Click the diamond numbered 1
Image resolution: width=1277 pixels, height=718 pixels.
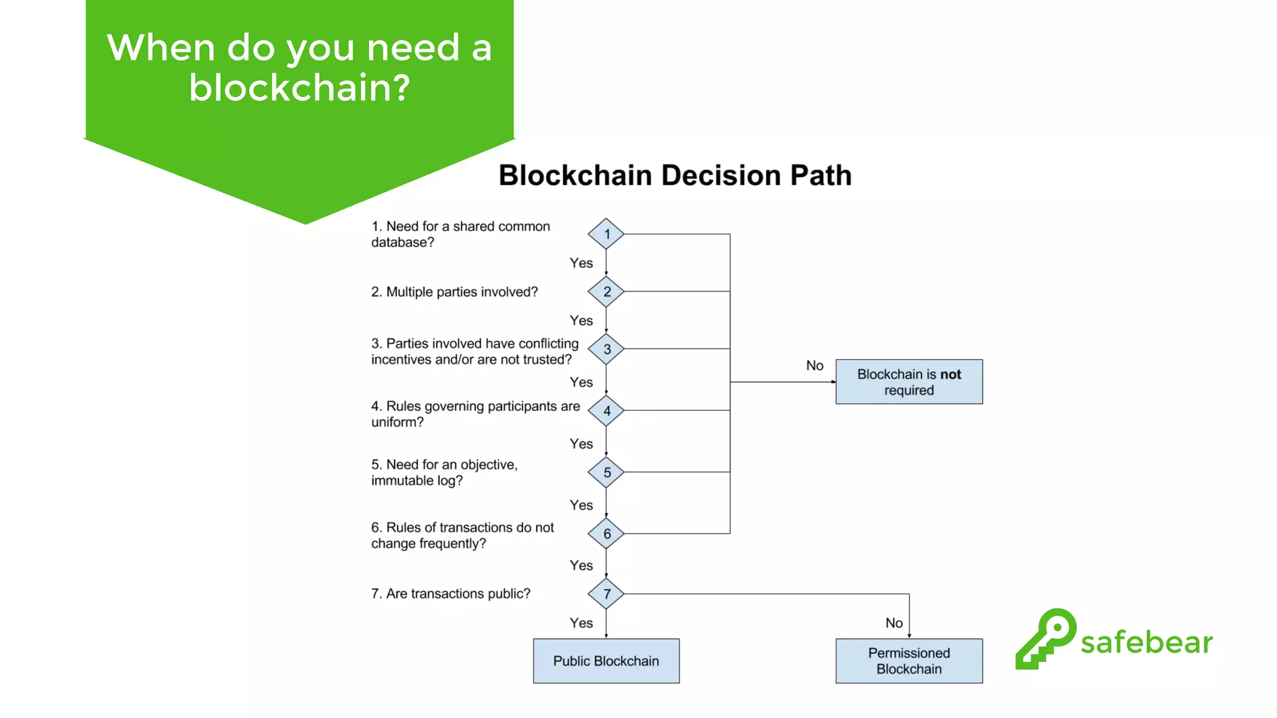(x=606, y=234)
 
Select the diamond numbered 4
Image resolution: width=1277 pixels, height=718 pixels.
(x=606, y=411)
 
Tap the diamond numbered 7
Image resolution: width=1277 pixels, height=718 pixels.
(x=606, y=594)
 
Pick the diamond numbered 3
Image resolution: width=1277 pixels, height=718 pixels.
(x=606, y=349)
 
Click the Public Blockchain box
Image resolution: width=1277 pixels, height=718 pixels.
(x=606, y=661)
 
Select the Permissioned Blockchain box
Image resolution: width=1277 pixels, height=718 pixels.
(x=909, y=661)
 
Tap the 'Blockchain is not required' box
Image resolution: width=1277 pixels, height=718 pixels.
(x=909, y=381)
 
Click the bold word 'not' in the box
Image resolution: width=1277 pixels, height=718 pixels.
(x=950, y=375)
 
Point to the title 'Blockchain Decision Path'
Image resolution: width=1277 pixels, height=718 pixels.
(x=675, y=175)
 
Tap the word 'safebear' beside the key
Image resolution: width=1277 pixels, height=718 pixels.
(x=1146, y=642)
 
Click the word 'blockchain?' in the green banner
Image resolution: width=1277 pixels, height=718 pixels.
(x=299, y=88)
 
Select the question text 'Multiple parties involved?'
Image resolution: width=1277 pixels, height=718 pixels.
(x=461, y=292)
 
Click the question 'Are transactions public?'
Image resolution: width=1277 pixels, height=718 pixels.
(x=458, y=593)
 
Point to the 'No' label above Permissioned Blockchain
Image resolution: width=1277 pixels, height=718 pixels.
(x=894, y=623)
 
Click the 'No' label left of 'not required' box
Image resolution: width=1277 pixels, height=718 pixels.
(x=814, y=366)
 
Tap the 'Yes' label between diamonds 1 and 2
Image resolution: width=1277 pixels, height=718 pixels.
(x=581, y=263)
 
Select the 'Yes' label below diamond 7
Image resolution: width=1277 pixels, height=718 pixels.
(x=581, y=623)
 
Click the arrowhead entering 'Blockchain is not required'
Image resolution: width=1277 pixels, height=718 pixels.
(x=833, y=381)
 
